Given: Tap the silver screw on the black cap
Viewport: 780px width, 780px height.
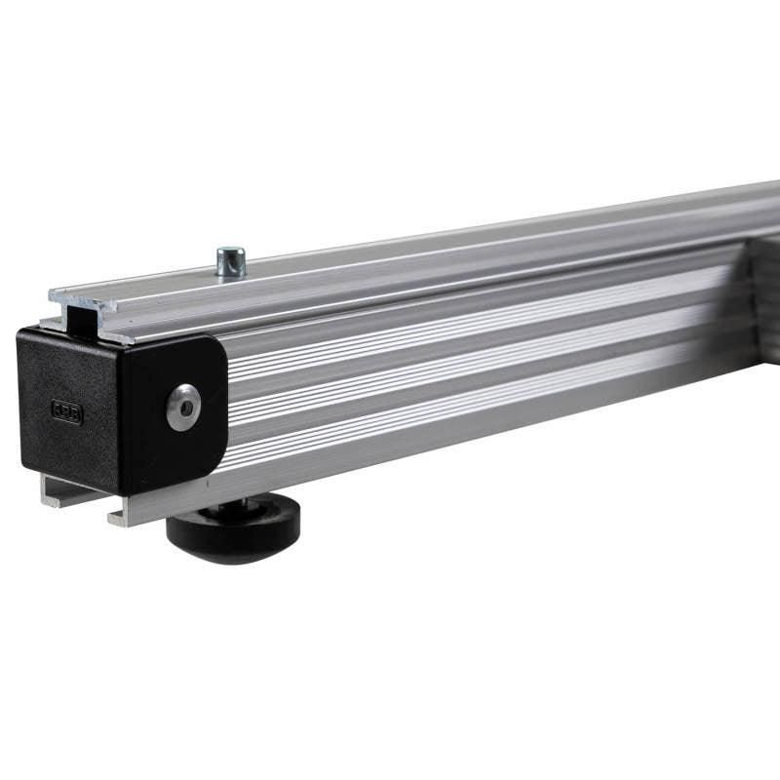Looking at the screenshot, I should pyautogui.click(x=183, y=407).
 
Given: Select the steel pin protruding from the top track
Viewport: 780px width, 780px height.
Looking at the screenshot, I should pyautogui.click(x=231, y=262).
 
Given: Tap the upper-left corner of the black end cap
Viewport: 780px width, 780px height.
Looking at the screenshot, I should pyautogui.click(x=21, y=334).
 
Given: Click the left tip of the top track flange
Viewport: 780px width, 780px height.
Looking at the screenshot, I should pyautogui.click(x=53, y=292).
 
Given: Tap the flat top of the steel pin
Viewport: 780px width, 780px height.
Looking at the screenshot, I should pyautogui.click(x=231, y=252).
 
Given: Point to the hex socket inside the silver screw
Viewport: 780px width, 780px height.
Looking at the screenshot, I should pyautogui.click(x=183, y=407).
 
